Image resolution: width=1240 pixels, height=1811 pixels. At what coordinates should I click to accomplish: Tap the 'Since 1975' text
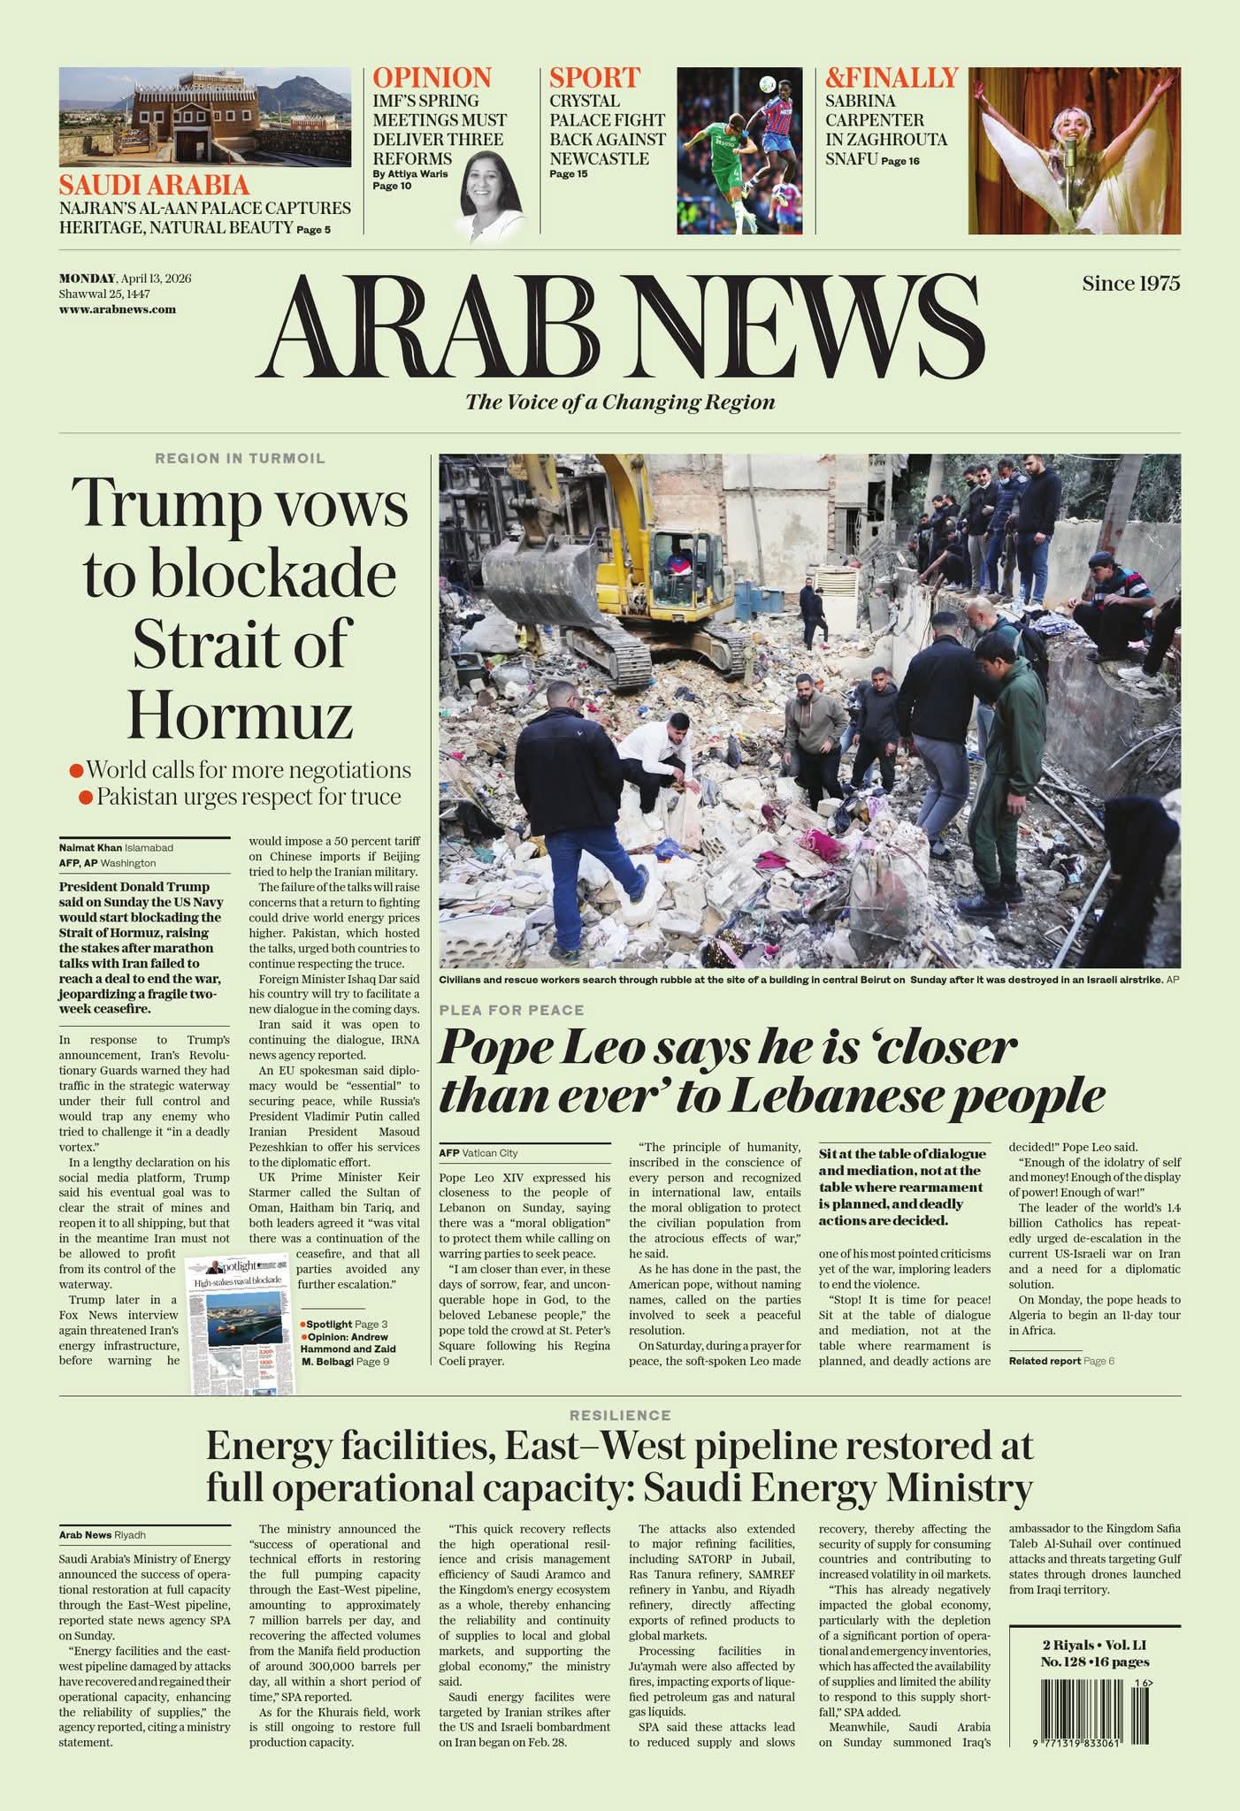(x=1130, y=284)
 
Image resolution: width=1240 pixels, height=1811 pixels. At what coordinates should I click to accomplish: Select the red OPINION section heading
(x=432, y=78)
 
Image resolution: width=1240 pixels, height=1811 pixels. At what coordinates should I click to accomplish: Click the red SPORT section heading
(x=594, y=78)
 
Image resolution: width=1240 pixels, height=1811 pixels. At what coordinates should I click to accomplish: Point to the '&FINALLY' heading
(x=892, y=78)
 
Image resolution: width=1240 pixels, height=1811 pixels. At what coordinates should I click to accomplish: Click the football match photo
(x=739, y=151)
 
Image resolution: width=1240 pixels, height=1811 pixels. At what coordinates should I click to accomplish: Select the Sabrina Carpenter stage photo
(x=1074, y=151)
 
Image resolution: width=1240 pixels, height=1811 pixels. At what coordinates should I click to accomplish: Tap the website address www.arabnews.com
(x=117, y=309)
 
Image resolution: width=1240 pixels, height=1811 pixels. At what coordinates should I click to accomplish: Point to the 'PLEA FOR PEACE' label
(x=511, y=1010)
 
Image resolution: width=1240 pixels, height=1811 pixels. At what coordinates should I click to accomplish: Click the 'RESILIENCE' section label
(x=620, y=1416)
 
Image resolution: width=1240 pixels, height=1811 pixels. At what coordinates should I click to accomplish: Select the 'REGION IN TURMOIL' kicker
(x=240, y=458)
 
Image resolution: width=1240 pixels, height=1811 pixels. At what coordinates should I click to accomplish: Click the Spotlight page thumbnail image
(x=241, y=1323)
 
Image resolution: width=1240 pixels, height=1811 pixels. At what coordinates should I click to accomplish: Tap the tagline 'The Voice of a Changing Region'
(x=620, y=402)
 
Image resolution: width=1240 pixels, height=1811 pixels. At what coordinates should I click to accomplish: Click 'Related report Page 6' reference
(x=1061, y=1361)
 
